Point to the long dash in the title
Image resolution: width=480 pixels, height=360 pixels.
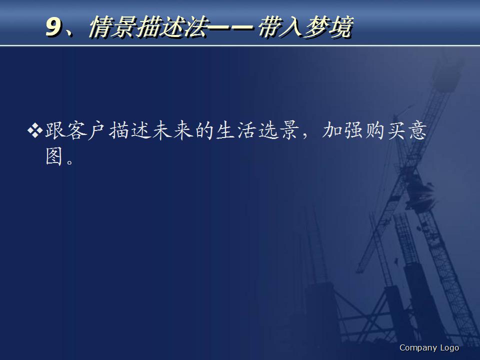[229, 28]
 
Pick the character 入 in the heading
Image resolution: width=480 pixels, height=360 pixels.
[293, 27]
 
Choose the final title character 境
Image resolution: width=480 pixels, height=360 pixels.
[341, 27]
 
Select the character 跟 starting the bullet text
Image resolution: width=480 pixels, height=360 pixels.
[56, 132]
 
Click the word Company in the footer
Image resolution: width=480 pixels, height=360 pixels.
[417, 347]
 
